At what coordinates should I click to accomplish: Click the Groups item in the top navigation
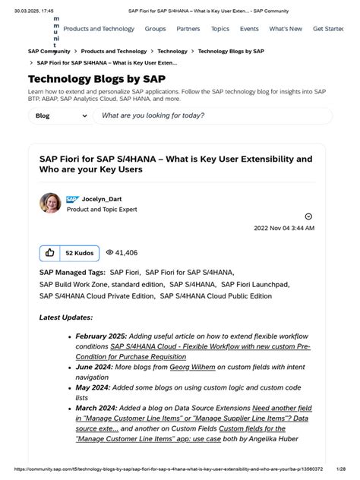tap(155, 29)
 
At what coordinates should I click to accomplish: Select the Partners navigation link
tap(188, 29)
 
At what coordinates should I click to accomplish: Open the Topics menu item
tap(220, 29)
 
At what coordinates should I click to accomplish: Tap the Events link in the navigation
tap(249, 29)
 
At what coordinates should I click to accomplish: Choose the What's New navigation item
tap(286, 29)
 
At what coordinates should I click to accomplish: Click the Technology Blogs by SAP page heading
tap(97, 79)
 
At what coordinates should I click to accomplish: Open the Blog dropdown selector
tap(60, 116)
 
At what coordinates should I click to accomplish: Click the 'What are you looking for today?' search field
tap(211, 116)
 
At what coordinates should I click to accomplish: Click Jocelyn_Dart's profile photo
tap(50, 204)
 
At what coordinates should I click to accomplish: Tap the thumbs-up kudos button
tap(49, 252)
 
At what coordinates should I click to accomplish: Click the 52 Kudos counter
tap(79, 252)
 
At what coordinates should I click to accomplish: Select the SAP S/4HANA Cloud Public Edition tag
tap(216, 296)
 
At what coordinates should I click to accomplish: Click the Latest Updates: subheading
tap(66, 317)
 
